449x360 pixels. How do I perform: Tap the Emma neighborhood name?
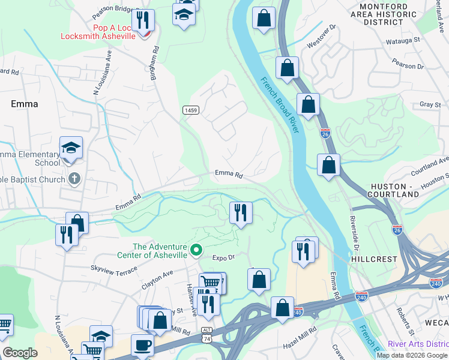[x=25, y=104]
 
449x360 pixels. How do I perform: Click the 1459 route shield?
[x=191, y=110]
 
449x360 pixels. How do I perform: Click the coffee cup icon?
[x=142, y=346]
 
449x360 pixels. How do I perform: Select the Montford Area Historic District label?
[x=387, y=14]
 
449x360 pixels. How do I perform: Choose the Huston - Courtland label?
[x=394, y=190]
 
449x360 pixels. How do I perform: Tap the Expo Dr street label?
[x=222, y=257]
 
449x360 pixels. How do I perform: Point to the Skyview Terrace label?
[x=114, y=268]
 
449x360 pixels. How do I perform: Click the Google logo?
[x=20, y=353]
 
